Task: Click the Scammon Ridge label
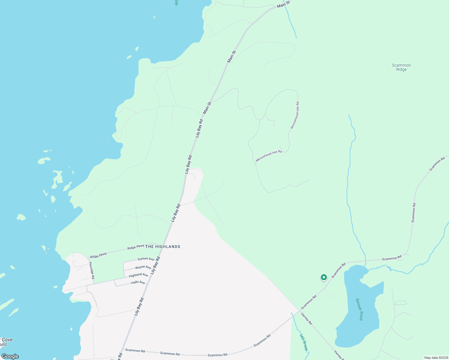401,67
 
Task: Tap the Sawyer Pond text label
359,309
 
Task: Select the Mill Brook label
304,341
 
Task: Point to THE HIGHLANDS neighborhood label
163,247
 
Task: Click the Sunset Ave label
146,259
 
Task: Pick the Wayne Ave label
143,267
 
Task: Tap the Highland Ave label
138,275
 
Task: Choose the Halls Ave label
138,282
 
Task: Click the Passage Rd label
92,270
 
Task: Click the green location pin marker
324,277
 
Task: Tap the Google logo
10,356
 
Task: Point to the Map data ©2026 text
436,358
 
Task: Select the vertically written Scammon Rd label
414,213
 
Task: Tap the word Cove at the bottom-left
7,340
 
